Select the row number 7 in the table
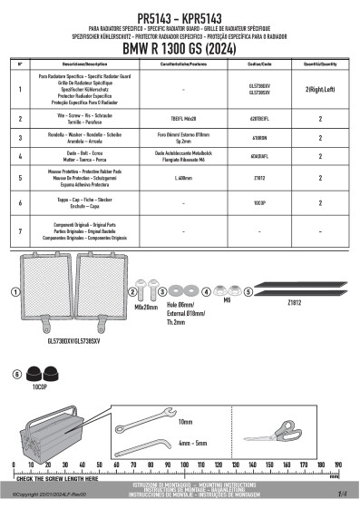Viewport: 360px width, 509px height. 20,232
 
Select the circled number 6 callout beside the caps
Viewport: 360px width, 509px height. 17,373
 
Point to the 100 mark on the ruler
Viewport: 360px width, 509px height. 185,465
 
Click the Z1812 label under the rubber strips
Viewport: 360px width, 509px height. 293,303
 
